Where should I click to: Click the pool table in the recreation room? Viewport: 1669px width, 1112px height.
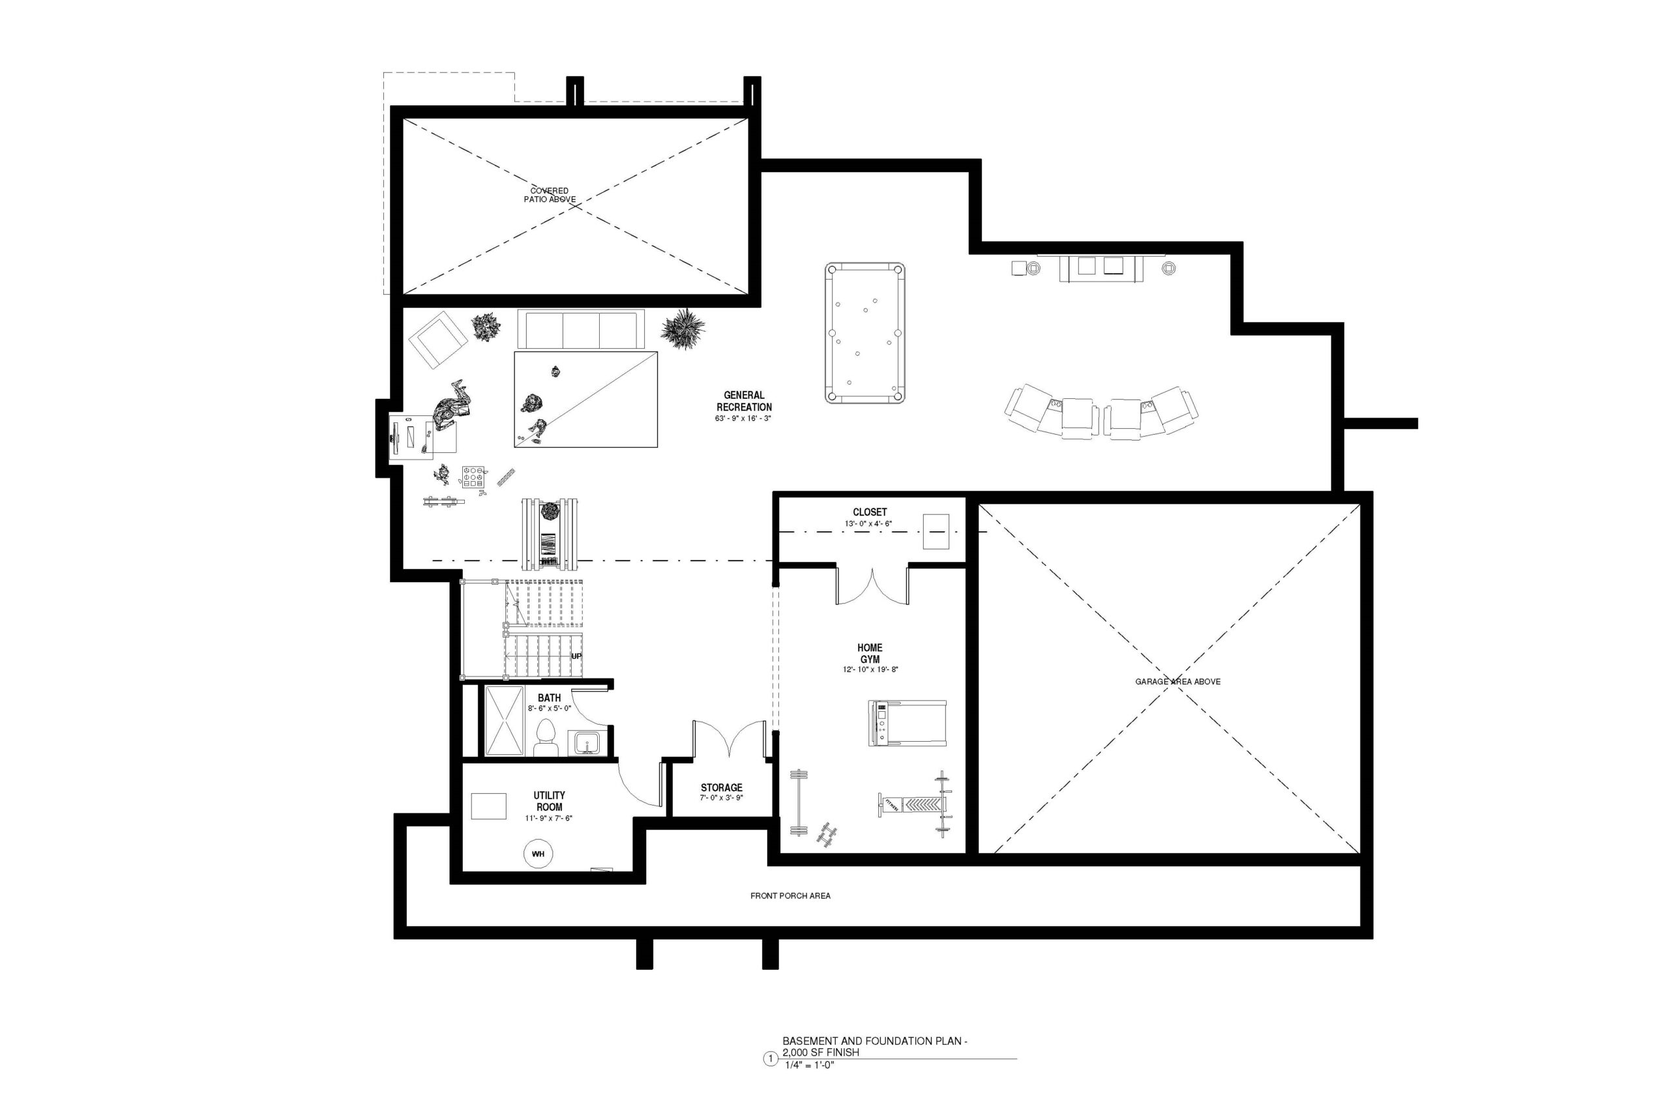tap(864, 332)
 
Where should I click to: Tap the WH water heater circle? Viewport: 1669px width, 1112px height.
tap(538, 854)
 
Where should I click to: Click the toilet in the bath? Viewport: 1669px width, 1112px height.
tap(546, 739)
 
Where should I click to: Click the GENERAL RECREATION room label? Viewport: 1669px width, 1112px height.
tap(743, 402)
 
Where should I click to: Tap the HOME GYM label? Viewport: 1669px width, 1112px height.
tap(870, 653)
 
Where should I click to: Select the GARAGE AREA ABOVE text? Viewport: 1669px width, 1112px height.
tap(1177, 682)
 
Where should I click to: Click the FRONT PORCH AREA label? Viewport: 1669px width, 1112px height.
tap(790, 896)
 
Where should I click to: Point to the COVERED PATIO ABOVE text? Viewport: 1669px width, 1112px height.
tap(550, 195)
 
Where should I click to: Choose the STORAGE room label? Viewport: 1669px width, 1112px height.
tap(721, 787)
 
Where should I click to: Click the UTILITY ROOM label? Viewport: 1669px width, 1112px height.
tap(549, 801)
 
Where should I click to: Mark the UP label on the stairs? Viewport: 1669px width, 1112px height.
tap(576, 656)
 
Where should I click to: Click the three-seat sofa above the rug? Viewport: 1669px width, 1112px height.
tap(581, 329)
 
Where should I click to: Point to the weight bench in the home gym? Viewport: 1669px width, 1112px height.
tap(915, 804)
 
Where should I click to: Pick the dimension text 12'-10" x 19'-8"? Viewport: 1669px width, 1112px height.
tap(870, 669)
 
